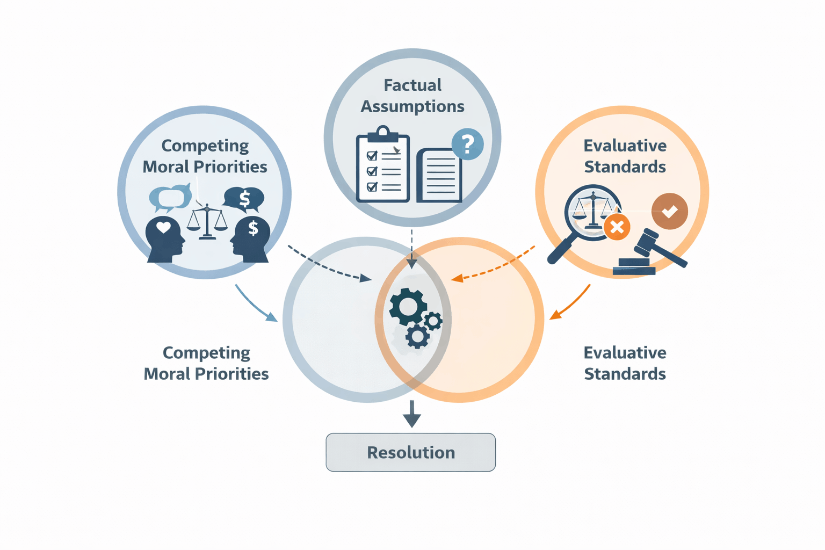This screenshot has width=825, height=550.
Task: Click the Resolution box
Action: [410, 452]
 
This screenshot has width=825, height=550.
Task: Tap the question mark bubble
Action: [467, 144]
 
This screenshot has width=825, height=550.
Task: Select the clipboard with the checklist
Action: [383, 167]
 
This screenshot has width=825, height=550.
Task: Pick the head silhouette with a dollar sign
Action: [251, 240]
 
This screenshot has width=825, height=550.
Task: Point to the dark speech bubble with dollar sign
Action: [244, 199]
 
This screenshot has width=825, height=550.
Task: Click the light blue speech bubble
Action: [170, 197]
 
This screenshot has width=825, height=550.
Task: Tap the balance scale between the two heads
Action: [207, 221]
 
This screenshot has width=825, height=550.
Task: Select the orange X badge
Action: [617, 227]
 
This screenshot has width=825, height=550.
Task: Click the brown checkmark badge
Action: [669, 212]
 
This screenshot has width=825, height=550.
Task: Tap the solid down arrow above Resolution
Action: [411, 414]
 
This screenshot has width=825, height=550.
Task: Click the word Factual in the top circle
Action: [412, 85]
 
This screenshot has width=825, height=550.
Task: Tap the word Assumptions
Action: [412, 106]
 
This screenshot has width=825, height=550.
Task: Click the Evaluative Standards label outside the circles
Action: [625, 363]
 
